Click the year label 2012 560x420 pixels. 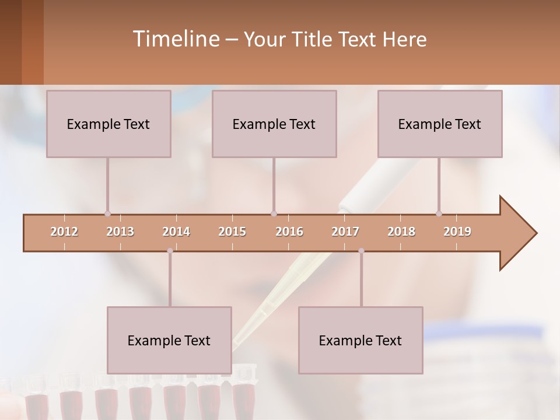click(x=64, y=232)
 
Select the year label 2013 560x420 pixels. click(x=120, y=232)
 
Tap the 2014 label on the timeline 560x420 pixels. click(x=176, y=232)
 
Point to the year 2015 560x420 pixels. click(x=232, y=232)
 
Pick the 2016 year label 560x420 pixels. click(x=289, y=232)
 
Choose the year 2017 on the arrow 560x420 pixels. click(x=345, y=232)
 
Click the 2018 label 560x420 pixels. click(x=401, y=232)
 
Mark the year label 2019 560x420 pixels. click(x=457, y=232)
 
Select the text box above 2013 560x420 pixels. click(x=108, y=124)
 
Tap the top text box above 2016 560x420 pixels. click(x=274, y=124)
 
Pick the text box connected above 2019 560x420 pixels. click(x=440, y=124)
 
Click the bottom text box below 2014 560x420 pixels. click(x=169, y=340)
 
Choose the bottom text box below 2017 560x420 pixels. click(x=360, y=340)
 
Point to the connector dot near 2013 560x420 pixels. click(x=107, y=214)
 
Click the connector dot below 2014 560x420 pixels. click(x=170, y=251)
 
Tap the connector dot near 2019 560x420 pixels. click(x=439, y=214)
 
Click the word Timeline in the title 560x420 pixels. click(x=175, y=39)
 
